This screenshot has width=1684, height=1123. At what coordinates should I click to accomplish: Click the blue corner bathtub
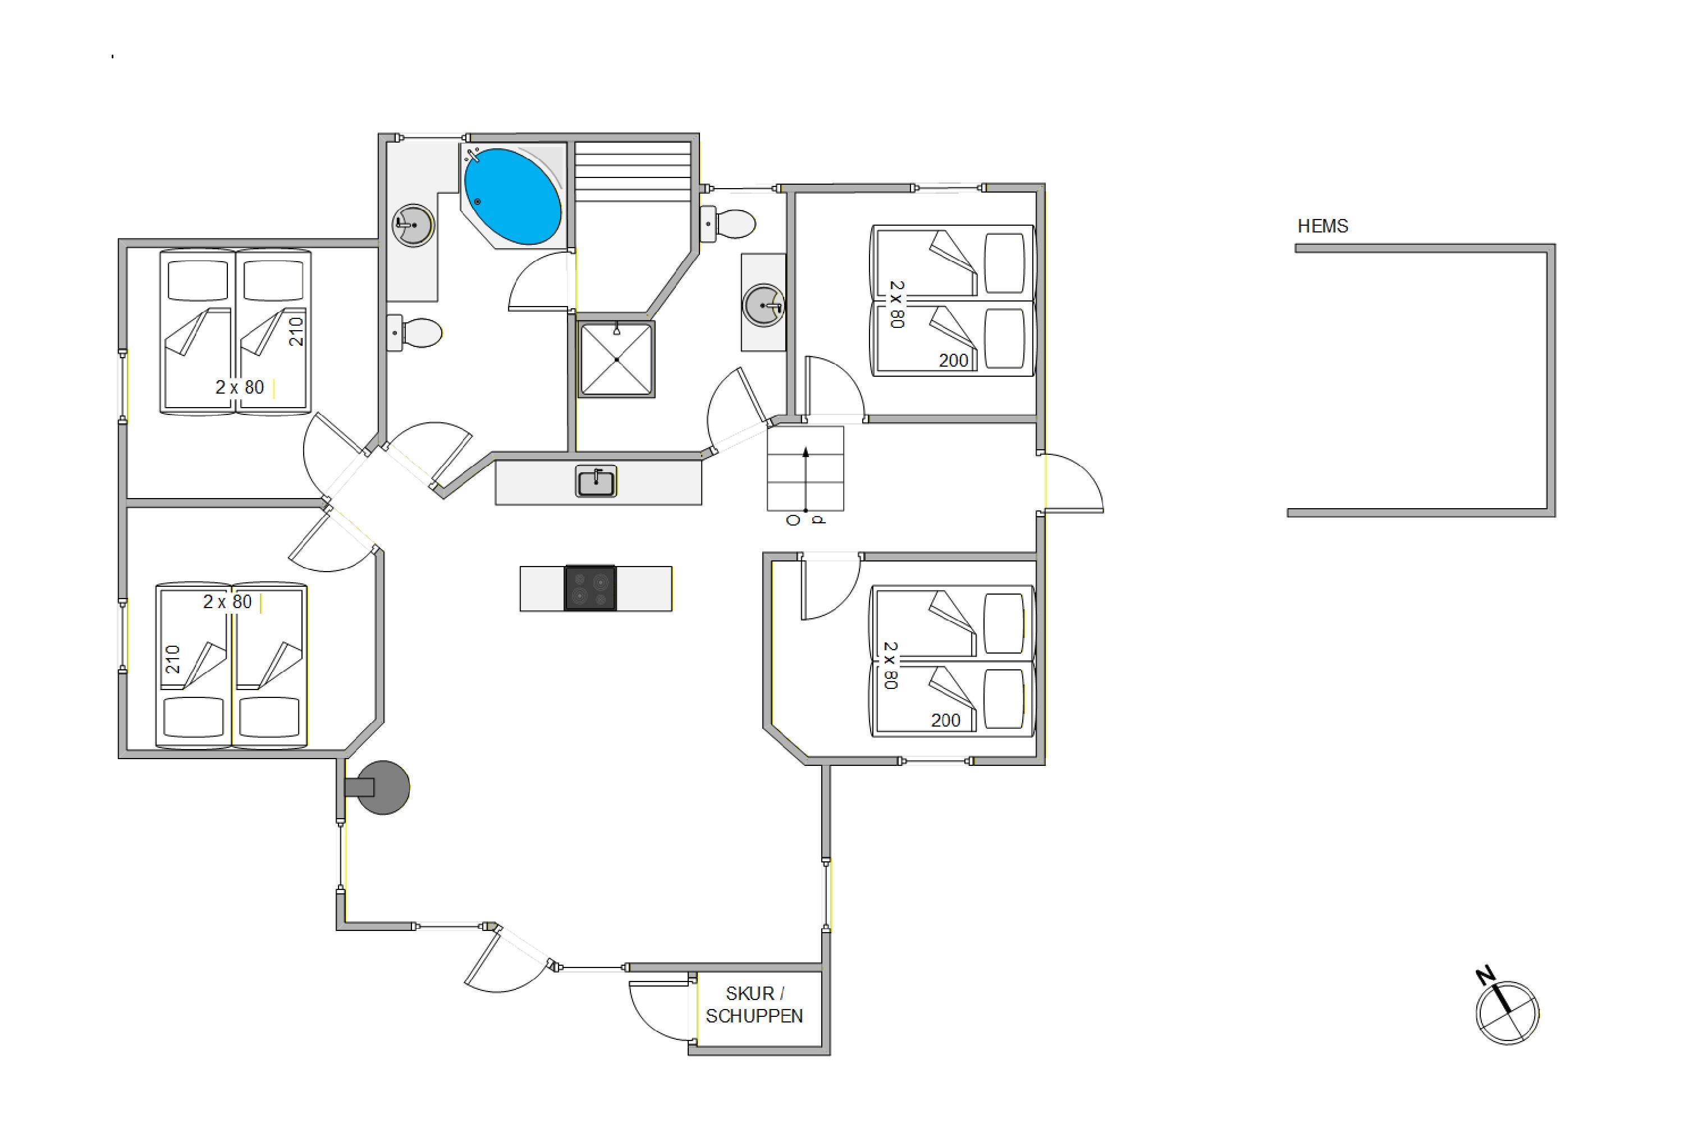coord(512,196)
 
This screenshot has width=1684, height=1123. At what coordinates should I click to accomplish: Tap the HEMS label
coord(1323,226)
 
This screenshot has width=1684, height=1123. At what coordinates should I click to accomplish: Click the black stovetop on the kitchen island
coord(590,588)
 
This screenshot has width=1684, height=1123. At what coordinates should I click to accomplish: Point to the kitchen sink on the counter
coord(596,481)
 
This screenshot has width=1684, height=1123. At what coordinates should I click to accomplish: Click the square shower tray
coord(616,359)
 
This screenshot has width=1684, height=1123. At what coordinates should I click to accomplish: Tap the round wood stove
coord(382,787)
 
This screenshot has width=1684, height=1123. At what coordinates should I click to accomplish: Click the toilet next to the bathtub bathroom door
coord(415,333)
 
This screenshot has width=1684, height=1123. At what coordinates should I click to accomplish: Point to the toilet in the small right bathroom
coord(727,224)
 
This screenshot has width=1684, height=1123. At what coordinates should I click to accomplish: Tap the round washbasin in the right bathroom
coord(764,306)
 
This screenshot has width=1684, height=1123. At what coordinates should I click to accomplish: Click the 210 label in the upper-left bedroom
coord(296,332)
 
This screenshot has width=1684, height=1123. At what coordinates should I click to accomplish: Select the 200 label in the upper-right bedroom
coord(954,360)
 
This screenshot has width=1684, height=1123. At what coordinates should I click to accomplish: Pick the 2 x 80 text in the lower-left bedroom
coord(228,601)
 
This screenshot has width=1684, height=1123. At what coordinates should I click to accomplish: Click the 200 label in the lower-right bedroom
coord(946,720)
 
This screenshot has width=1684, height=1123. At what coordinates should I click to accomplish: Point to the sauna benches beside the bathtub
coord(633,172)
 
